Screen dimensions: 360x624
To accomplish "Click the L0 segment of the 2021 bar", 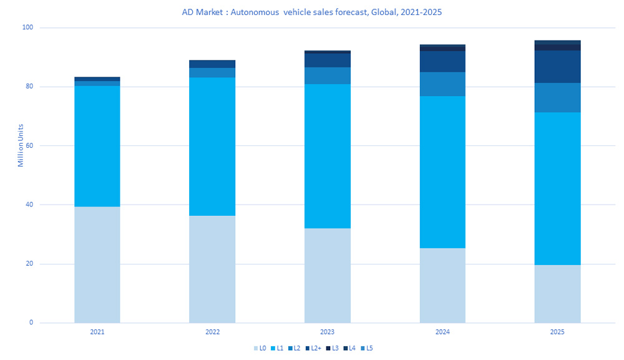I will pyautogui.click(x=97, y=265).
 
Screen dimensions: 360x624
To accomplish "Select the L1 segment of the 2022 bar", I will pyautogui.click(x=212, y=146).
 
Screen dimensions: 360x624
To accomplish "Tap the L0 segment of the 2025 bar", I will pyautogui.click(x=557, y=293).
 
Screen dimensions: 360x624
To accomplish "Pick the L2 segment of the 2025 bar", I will pyautogui.click(x=557, y=97).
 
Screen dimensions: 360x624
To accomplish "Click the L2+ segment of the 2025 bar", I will pyautogui.click(x=557, y=67).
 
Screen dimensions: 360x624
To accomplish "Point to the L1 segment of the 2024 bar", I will pyautogui.click(x=442, y=172).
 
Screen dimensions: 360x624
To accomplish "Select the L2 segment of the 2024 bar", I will pyautogui.click(x=442, y=84).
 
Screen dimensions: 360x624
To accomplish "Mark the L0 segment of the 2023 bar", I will pyautogui.click(x=327, y=275).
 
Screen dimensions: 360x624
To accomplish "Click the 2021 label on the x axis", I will pyautogui.click(x=97, y=333).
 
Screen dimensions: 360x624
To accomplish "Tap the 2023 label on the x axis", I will pyautogui.click(x=327, y=333).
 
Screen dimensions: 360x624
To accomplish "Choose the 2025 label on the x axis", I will pyautogui.click(x=557, y=333).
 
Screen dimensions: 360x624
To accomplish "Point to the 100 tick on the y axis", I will pyautogui.click(x=28, y=28).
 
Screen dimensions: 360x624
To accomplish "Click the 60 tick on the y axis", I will pyautogui.click(x=29, y=146).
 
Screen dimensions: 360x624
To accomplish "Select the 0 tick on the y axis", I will pyautogui.click(x=31, y=323).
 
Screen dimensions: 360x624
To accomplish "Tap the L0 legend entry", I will pyautogui.click(x=260, y=348).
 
